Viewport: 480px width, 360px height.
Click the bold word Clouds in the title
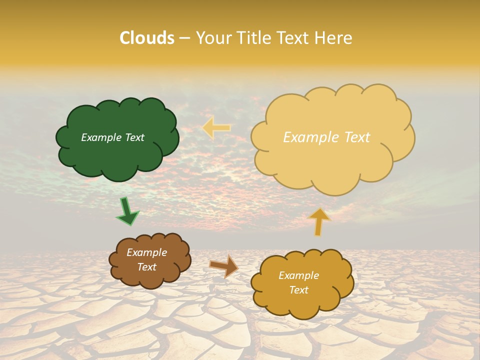147,38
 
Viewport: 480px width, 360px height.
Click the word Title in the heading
253,38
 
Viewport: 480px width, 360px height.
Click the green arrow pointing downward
127,211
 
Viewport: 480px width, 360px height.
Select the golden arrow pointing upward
319,221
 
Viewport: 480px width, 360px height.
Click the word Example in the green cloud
101,137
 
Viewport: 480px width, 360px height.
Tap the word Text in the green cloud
133,137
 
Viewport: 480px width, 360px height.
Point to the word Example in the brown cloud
146,252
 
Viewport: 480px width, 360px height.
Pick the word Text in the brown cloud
146,267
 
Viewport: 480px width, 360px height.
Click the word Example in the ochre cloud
298,275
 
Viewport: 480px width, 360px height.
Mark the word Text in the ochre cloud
298,290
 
